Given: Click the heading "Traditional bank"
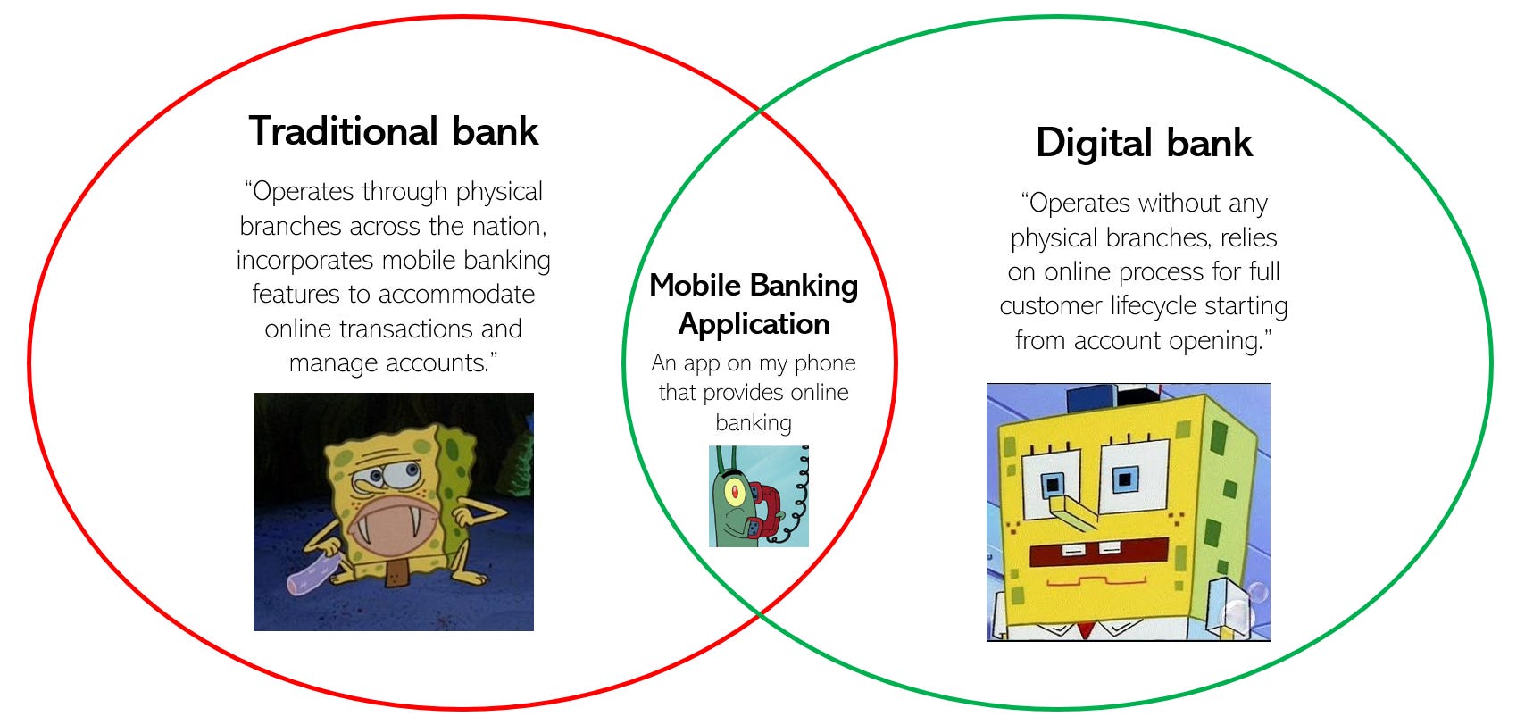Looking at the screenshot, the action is point(393,131).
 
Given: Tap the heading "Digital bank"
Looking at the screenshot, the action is point(1144,143).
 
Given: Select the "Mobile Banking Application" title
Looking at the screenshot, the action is point(754,304).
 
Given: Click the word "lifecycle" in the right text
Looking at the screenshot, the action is point(1154,306).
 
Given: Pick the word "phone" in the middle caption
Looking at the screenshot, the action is point(824,363).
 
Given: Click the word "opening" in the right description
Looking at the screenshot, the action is point(1219,341).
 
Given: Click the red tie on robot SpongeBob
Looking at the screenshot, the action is point(1086,630).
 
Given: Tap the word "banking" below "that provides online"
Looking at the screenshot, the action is point(754,422).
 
